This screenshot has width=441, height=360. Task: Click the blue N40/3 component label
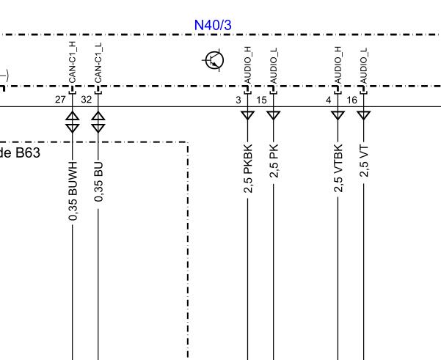click(x=213, y=25)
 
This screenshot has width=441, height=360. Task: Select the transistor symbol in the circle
click(x=214, y=61)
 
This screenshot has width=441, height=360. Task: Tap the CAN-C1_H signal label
click(x=72, y=62)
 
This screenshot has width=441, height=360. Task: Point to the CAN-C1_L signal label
click(x=98, y=62)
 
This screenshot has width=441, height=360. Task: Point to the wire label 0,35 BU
click(x=99, y=179)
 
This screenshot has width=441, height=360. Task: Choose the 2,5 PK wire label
click(x=274, y=159)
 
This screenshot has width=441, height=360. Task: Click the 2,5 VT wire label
click(x=364, y=159)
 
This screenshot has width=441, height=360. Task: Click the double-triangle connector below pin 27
click(x=72, y=121)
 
